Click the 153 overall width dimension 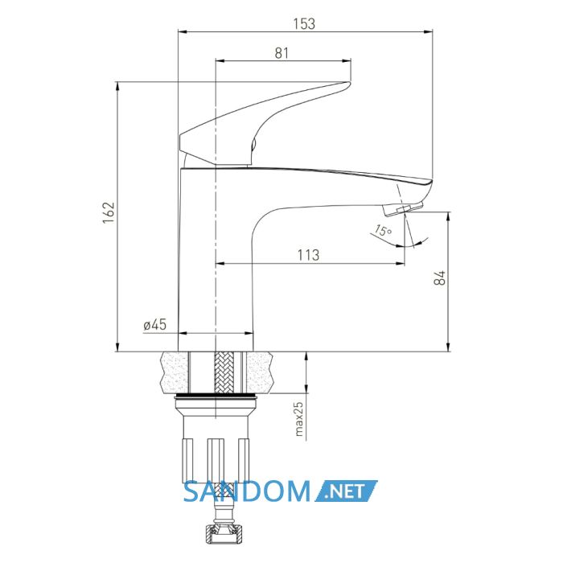[x=304, y=23]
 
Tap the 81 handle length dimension [x=281, y=53]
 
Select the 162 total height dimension [x=109, y=212]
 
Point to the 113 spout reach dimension [x=308, y=255]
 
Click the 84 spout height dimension [x=440, y=277]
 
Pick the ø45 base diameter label [x=154, y=325]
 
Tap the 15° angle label [x=383, y=231]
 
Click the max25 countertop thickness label [x=298, y=419]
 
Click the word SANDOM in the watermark [x=247, y=491]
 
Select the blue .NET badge [x=346, y=491]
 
